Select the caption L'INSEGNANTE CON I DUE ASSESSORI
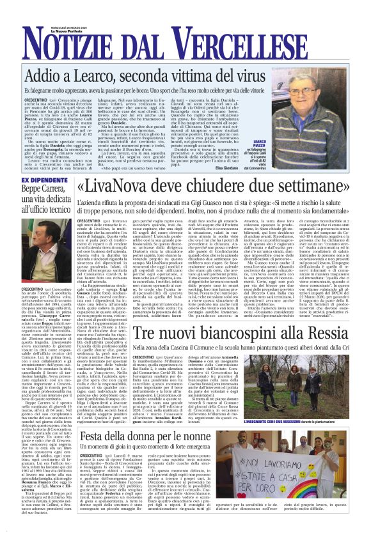(x=318, y=404)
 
